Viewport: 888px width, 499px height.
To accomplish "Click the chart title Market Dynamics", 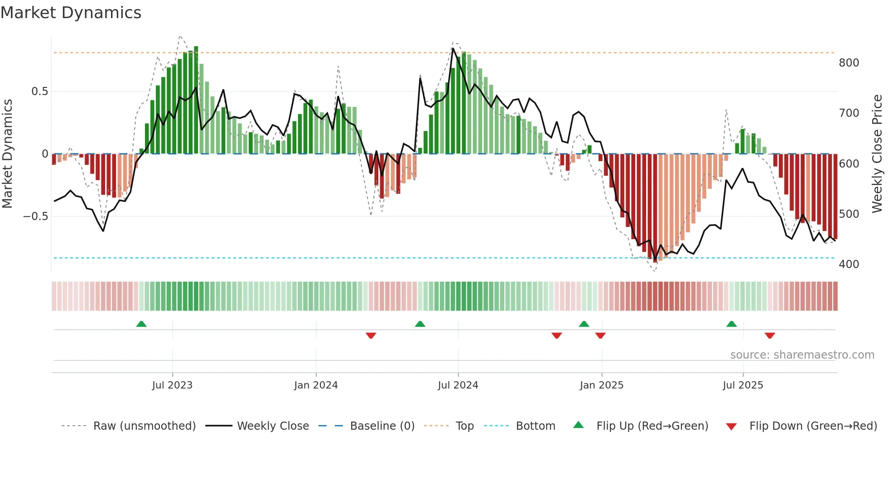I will click(71, 13).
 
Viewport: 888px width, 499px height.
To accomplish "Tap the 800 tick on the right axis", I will click(849, 63).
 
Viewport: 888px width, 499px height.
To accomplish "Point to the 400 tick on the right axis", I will click(849, 264).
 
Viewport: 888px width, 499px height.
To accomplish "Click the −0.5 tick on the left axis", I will click(35, 216).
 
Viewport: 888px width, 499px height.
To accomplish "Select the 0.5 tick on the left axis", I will click(39, 91).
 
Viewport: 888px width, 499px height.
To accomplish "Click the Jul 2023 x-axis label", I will click(172, 385).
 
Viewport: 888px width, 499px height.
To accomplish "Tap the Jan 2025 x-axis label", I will click(602, 385).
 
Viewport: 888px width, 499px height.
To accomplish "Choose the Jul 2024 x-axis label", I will click(458, 385).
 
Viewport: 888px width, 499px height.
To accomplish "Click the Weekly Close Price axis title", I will click(878, 154).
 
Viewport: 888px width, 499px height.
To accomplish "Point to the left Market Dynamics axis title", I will click(7, 154).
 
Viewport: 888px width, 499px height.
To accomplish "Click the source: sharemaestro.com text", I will click(802, 355).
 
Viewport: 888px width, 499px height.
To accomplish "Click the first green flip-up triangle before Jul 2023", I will click(141, 324).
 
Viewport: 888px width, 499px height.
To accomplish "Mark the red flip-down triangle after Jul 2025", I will click(770, 336).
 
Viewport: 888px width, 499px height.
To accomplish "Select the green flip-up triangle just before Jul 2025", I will click(731, 324).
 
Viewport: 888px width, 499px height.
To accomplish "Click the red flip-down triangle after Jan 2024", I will click(371, 336).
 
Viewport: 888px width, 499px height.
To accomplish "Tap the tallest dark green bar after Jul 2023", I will click(196, 100).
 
